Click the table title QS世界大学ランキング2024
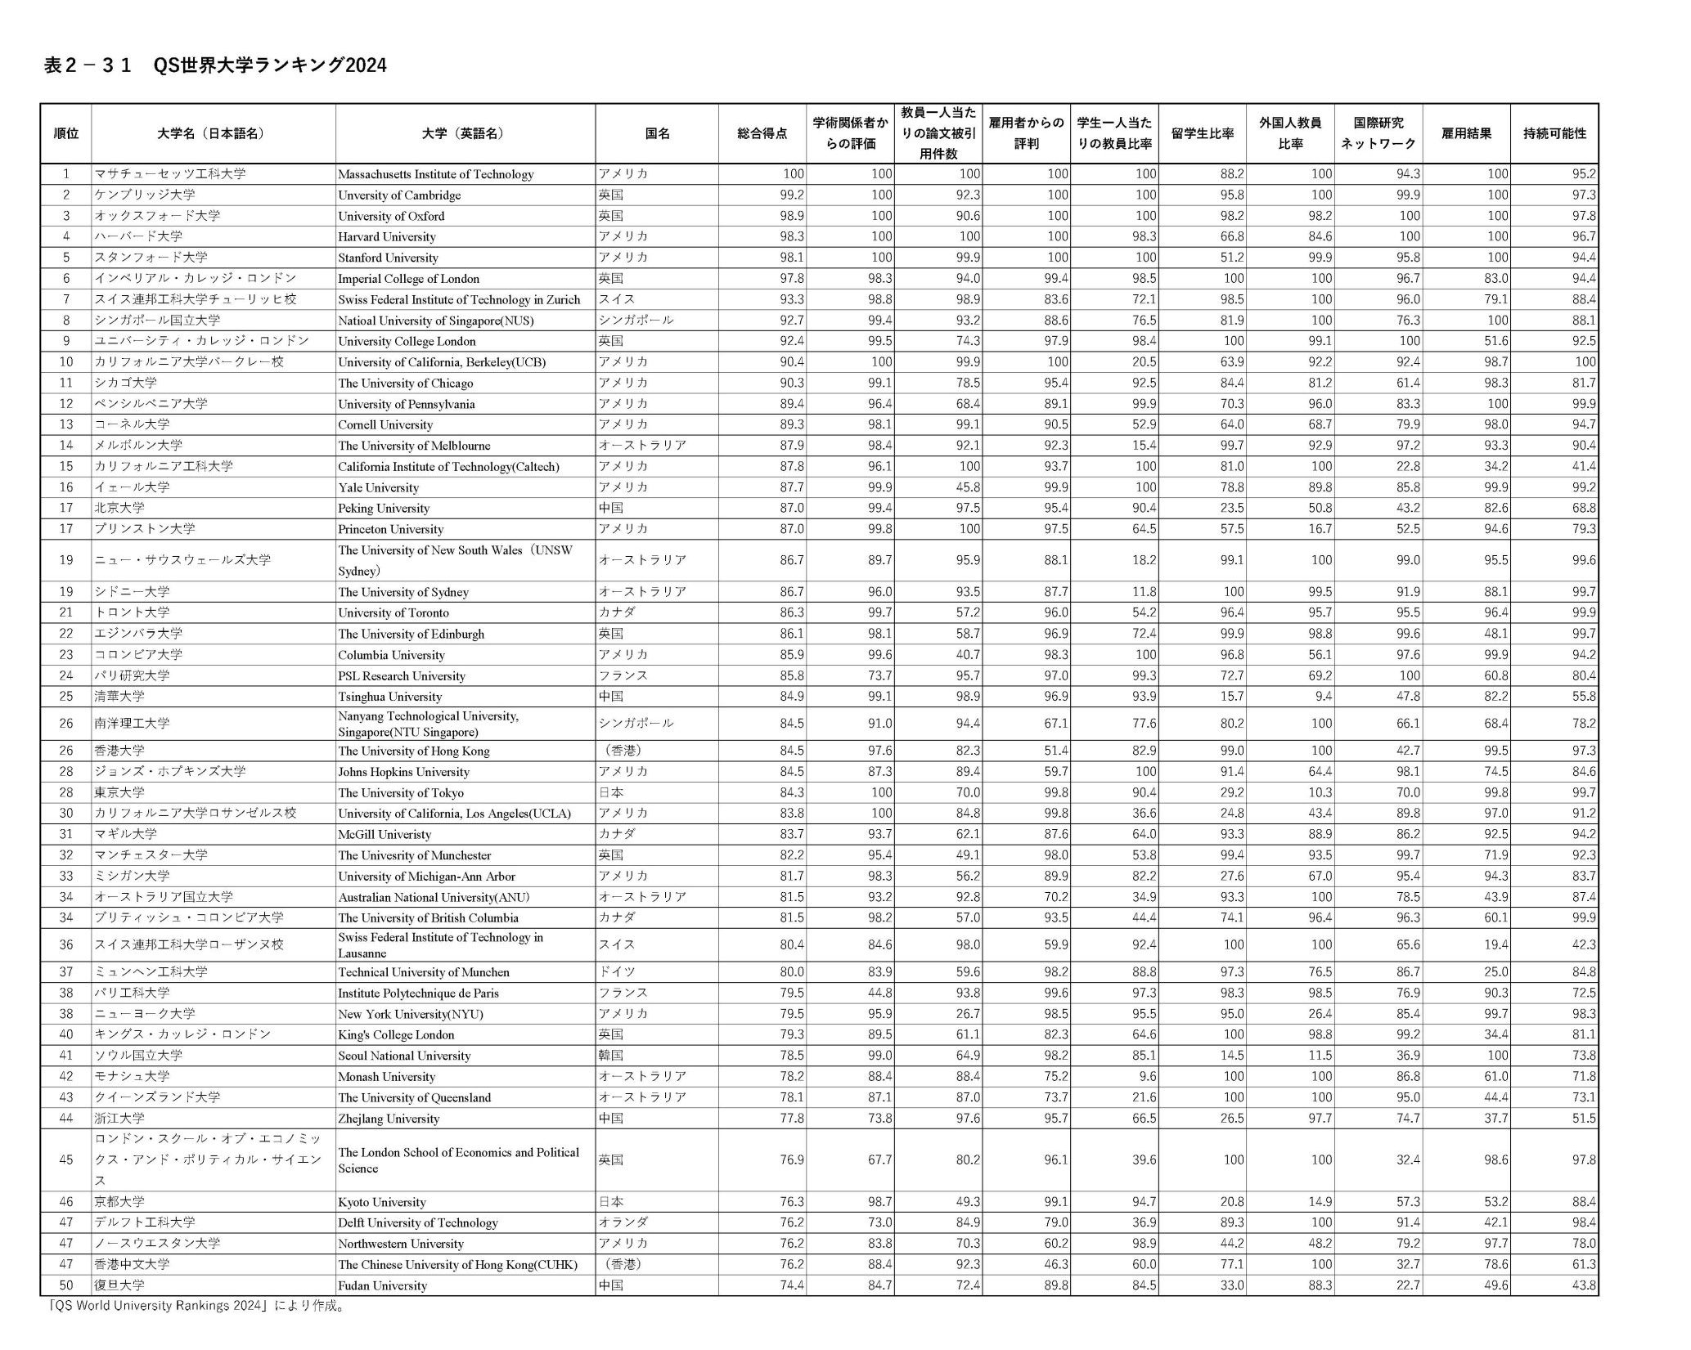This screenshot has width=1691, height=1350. point(215,65)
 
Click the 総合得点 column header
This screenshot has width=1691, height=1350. point(762,133)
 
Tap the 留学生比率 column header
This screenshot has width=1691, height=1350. point(1202,133)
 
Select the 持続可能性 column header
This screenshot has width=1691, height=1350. point(1554,133)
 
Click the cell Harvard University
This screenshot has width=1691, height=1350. point(387,237)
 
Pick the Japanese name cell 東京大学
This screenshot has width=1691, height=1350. point(119,792)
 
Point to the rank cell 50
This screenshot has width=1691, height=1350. point(66,1285)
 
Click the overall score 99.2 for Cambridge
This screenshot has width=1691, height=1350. point(791,195)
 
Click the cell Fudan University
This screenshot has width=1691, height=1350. point(382,1285)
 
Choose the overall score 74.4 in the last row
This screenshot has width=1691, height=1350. point(791,1285)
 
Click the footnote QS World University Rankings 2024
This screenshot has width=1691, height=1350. point(196,1306)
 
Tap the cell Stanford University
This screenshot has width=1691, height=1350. point(388,258)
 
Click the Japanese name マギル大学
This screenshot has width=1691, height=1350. point(125,834)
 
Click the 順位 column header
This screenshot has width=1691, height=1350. point(66,133)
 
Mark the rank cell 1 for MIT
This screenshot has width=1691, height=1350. point(66,174)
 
